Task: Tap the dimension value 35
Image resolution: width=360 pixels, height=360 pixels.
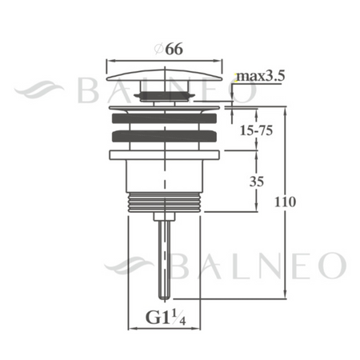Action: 256,181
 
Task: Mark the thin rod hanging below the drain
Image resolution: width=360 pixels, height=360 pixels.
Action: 164,256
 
